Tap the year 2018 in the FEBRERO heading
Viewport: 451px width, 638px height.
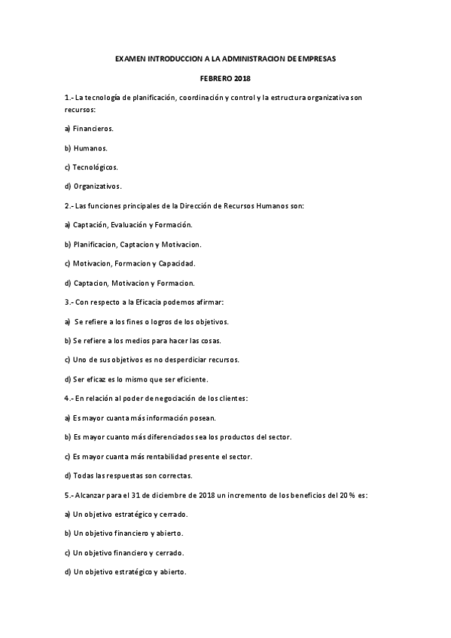[x=241, y=77]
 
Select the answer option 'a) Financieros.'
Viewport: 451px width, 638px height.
[x=90, y=128]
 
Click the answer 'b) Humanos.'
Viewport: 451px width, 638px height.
[x=86, y=148]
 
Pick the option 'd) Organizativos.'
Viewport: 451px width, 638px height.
[x=93, y=187]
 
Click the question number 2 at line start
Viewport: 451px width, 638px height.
[x=69, y=205]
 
